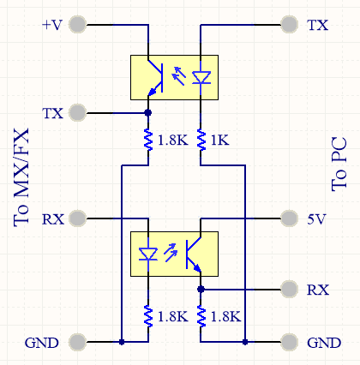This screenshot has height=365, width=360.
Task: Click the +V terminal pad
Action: click(x=78, y=25)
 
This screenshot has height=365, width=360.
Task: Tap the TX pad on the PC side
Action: click(x=290, y=25)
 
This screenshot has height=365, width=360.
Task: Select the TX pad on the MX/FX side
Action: click(x=78, y=113)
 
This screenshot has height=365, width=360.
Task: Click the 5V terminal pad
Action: click(x=290, y=218)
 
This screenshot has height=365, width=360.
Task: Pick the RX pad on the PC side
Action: click(x=290, y=290)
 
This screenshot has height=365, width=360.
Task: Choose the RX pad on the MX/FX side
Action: click(x=78, y=218)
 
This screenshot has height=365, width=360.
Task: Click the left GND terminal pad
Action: click(x=78, y=342)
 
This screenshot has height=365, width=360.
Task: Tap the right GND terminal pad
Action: click(x=290, y=342)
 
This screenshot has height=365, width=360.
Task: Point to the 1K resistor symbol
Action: click(x=201, y=140)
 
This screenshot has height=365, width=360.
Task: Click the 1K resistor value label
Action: click(x=219, y=140)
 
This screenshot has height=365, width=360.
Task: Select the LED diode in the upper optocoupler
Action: click(x=201, y=78)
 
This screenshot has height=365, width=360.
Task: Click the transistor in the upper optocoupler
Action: click(x=155, y=78)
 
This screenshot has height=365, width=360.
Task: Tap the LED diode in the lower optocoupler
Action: click(x=148, y=254)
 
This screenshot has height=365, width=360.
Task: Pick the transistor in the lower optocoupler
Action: click(x=194, y=254)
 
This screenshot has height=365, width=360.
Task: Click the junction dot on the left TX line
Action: click(x=148, y=113)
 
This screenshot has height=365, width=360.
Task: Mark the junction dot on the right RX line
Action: click(x=201, y=290)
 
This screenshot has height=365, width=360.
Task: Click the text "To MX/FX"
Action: click(x=21, y=177)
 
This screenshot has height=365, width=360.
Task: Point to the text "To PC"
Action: click(x=339, y=165)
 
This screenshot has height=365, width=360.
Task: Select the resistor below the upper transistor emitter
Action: click(x=148, y=140)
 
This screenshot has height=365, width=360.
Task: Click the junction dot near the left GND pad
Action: click(x=122, y=342)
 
